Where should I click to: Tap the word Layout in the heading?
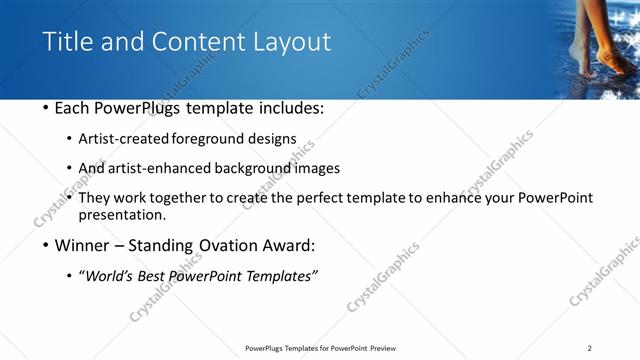pos(291,42)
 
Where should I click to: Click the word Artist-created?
pos(124,139)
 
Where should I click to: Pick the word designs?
pos(275,139)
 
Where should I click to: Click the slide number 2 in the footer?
pos(590,348)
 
